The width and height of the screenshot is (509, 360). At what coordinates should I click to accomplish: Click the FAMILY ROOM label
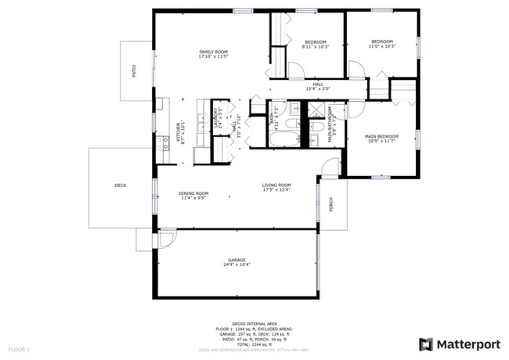(212, 51)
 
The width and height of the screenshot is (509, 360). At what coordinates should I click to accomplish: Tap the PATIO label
(133, 71)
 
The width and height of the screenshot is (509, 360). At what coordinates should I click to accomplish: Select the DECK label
(120, 185)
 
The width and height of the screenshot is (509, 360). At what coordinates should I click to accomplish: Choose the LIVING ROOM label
(276, 185)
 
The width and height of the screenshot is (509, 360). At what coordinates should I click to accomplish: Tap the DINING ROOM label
(193, 193)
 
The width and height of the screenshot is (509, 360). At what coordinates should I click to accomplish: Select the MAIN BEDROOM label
(381, 136)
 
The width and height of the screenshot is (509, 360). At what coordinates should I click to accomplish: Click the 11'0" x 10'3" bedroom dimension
(382, 46)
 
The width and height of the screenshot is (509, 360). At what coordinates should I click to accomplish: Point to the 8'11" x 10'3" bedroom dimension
(316, 47)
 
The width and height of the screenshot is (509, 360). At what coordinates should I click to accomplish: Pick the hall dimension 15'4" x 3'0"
(318, 88)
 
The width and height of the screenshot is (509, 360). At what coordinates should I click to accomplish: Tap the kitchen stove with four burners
(165, 142)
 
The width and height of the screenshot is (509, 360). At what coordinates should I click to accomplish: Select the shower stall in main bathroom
(316, 126)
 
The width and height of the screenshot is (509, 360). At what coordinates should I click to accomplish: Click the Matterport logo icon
(425, 344)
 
